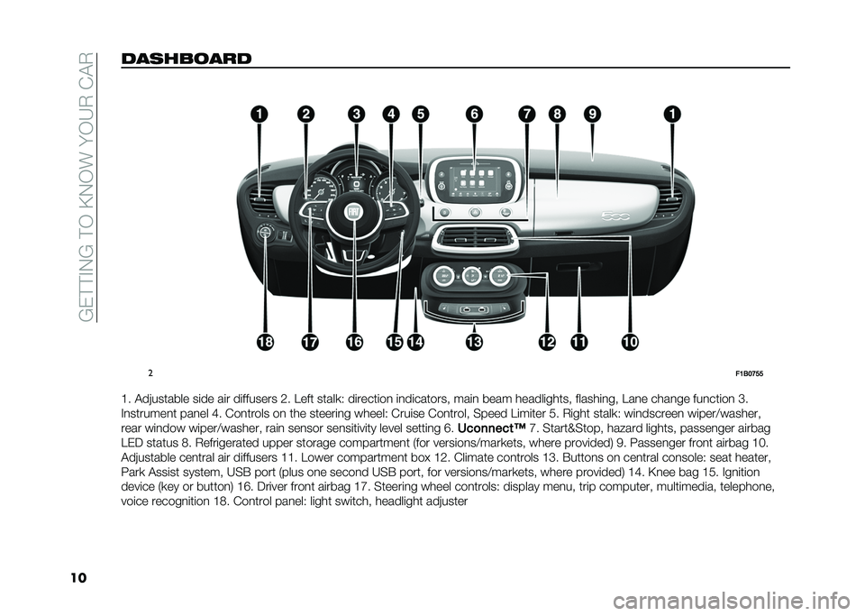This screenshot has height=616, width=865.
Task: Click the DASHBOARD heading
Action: pyautogui.click(x=186, y=59)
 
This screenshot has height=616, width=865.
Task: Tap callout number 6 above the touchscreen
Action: pyautogui.click(x=474, y=115)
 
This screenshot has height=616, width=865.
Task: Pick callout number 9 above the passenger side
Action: pyautogui.click(x=592, y=115)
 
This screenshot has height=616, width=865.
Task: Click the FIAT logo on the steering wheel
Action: pyautogui.click(x=353, y=213)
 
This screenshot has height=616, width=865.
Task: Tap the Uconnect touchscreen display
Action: pyautogui.click(x=475, y=180)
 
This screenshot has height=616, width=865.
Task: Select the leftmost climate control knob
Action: pyautogui.click(x=443, y=275)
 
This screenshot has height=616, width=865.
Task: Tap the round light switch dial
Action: pyautogui.click(x=265, y=233)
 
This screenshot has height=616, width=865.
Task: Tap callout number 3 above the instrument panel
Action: pyautogui.click(x=357, y=115)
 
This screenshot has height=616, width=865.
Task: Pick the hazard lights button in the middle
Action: pyautogui.click(x=474, y=213)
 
